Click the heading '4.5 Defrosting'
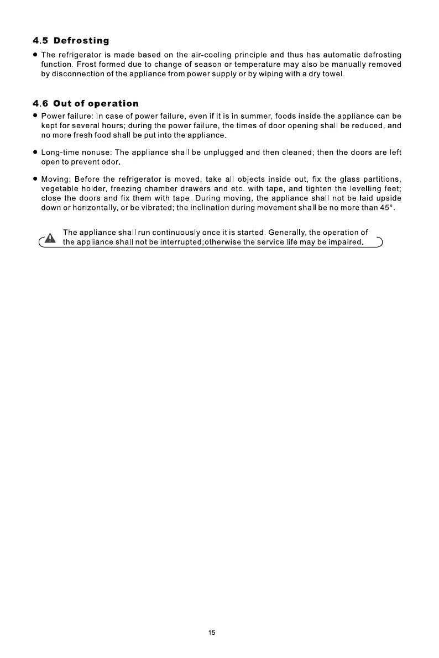click(71, 41)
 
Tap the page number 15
click(212, 633)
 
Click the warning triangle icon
click(50, 239)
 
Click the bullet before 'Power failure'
click(35, 117)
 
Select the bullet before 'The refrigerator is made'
click(35, 55)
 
